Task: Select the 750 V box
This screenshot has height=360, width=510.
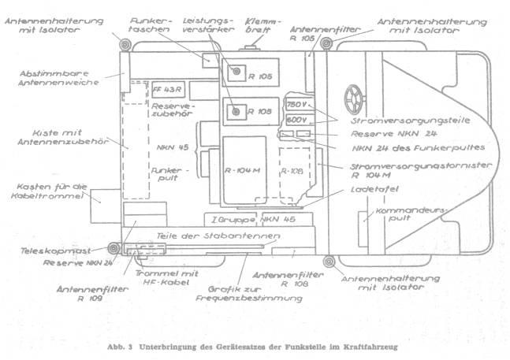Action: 296,105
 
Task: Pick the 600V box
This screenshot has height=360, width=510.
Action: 296,119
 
